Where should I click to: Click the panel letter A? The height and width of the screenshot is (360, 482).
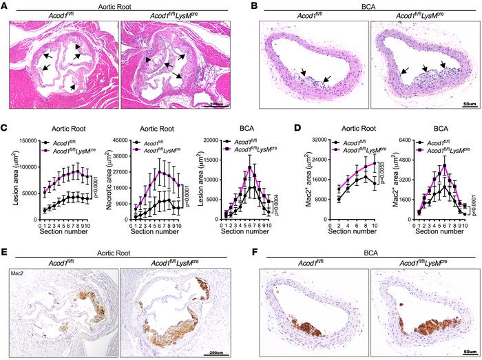5,6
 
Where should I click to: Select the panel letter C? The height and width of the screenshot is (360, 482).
5,129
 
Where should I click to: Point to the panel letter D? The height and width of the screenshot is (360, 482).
316,129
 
